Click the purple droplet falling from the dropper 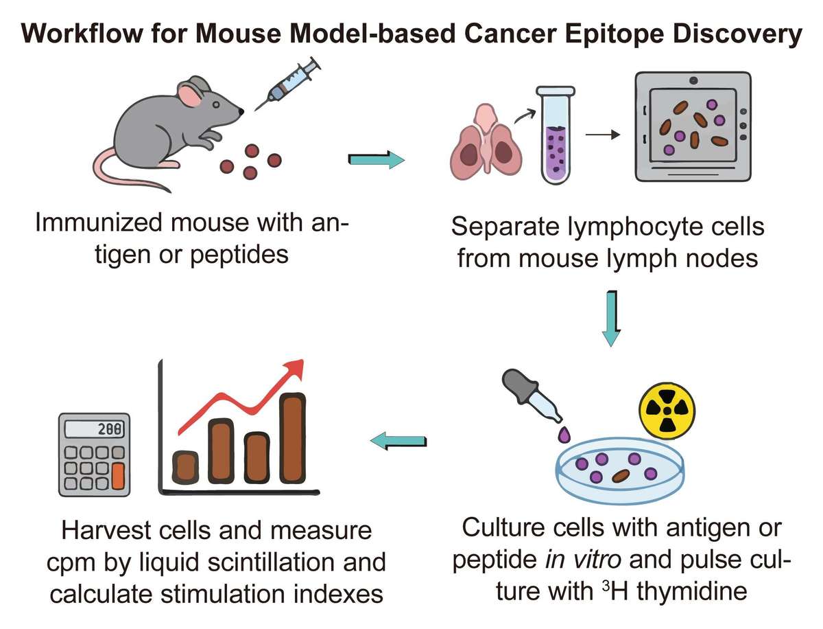coord(564,434)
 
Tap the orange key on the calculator coord(118,476)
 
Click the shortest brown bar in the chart coord(186,467)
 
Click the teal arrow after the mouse coord(377,161)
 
